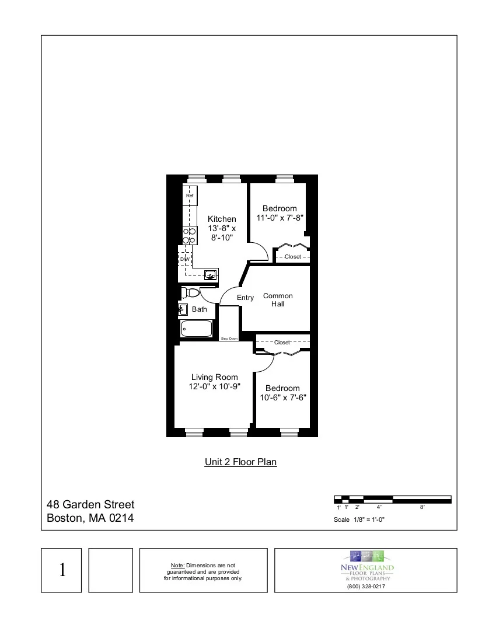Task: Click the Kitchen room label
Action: tap(222, 219)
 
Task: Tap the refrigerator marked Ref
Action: tap(190, 195)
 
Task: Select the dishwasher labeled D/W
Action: tap(185, 259)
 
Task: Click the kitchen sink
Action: tap(211, 275)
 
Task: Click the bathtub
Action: tap(196, 329)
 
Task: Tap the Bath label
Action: tap(200, 309)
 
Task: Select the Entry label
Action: tap(245, 298)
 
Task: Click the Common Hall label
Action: tap(278, 299)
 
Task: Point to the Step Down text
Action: tap(229, 339)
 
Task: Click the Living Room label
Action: tap(215, 377)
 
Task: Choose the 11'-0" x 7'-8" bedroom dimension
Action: tap(280, 218)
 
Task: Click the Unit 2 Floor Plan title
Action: tap(240, 462)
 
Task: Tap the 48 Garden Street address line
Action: tap(90, 504)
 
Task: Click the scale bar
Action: tap(392, 499)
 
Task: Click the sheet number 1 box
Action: tap(62, 570)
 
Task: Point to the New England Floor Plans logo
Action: tap(367, 564)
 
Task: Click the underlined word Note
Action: tap(177, 566)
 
